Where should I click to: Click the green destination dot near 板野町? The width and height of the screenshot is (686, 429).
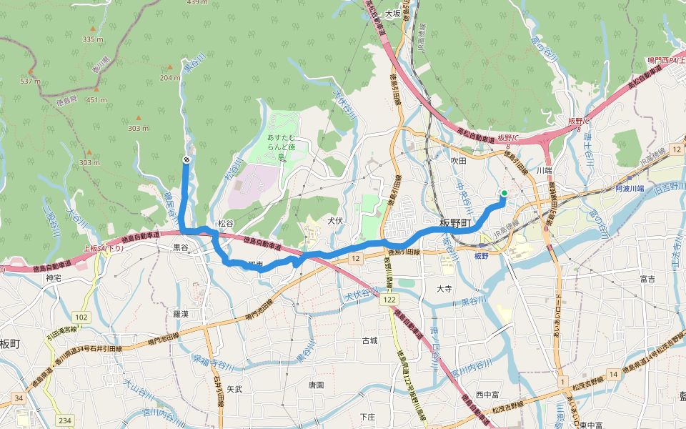504,193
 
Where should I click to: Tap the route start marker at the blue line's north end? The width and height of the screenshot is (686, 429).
187,159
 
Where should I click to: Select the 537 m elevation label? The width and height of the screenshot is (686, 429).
30,82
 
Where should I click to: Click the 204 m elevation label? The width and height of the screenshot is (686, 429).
170,78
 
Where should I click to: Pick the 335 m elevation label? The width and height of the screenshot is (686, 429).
93,39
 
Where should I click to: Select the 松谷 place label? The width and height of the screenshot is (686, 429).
226,224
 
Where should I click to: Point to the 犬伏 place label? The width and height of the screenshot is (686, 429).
336,220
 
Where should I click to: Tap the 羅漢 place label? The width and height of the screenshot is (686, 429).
180,314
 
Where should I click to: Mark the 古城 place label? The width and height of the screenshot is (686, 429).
369,340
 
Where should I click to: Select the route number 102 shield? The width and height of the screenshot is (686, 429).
81,316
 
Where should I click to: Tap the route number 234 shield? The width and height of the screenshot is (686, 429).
66,420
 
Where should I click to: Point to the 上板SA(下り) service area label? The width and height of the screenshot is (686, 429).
104,249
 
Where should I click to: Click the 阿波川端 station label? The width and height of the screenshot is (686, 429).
630,189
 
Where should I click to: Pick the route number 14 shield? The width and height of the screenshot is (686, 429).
613,374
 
